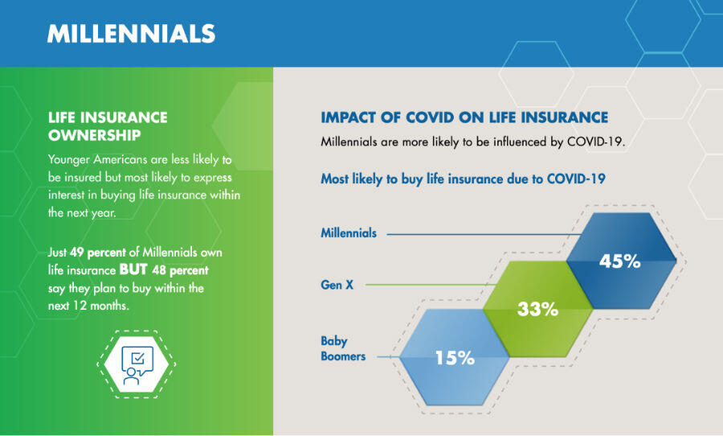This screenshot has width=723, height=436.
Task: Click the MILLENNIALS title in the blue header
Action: click(x=132, y=34)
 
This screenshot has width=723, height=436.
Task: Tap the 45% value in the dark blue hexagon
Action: click(x=619, y=261)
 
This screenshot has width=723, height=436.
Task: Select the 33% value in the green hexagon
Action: click(x=537, y=309)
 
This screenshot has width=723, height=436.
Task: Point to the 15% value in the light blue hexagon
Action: click(x=455, y=358)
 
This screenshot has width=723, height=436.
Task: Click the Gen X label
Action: click(x=337, y=285)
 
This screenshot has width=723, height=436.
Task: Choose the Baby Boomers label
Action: click(x=343, y=348)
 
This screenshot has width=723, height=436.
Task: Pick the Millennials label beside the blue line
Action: click(x=349, y=232)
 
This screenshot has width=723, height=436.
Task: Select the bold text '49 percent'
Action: click(x=98, y=252)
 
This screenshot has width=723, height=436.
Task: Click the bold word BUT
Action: click(x=133, y=269)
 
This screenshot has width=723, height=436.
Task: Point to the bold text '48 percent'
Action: click(x=180, y=270)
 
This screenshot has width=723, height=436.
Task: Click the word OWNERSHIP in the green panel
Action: click(x=95, y=135)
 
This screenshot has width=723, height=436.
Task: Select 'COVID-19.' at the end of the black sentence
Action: click(x=596, y=142)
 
